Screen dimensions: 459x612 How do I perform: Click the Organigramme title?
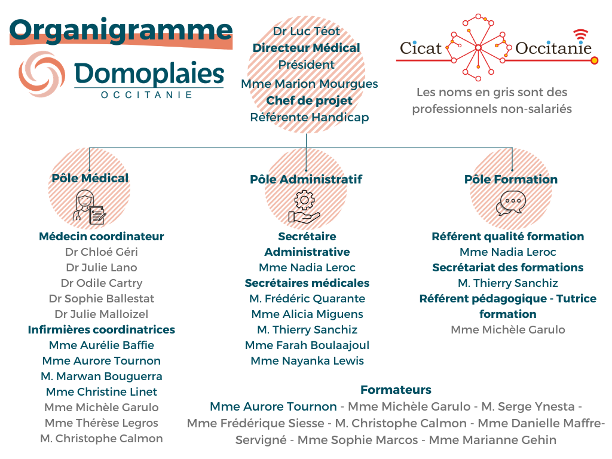point(121,30)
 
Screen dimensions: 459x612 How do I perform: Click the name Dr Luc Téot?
point(306,31)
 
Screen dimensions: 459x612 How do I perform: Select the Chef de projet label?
point(309,100)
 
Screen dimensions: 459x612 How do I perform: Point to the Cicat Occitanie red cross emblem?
point(479,47)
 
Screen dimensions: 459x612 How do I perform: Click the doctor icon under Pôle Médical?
point(89,206)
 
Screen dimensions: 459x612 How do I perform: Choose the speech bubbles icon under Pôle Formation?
point(511,204)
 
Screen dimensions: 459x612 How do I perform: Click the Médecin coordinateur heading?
point(101,237)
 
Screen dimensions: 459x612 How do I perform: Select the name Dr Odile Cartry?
point(102,283)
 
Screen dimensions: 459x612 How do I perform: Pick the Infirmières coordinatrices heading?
point(102,330)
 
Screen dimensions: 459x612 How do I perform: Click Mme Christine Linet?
point(102,392)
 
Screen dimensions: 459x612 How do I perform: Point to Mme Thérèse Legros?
point(102,423)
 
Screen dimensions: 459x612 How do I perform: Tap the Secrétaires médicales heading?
point(307,283)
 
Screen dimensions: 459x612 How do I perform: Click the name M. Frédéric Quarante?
point(307,299)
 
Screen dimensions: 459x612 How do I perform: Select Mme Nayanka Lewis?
point(307,361)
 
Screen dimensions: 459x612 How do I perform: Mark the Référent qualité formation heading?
point(508,237)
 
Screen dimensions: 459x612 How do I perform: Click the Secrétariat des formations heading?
point(508,268)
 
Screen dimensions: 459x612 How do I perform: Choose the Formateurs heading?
point(396,390)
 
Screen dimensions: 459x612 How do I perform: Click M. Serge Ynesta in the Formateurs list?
point(528,407)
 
